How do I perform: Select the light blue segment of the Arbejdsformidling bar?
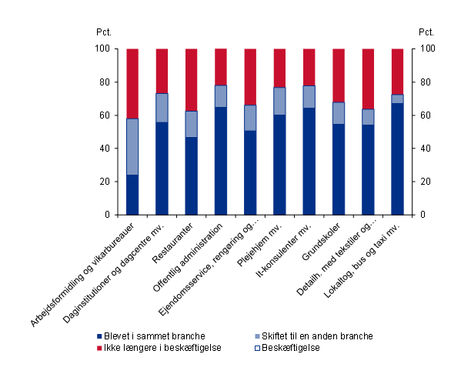(132, 146)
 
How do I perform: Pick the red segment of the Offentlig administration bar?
(221, 67)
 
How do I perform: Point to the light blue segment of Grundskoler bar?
(339, 113)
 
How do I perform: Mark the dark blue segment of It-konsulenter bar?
(309, 161)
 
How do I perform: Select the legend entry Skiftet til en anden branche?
(312, 336)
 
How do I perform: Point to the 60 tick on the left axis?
(105, 115)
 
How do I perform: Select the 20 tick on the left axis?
(105, 182)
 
